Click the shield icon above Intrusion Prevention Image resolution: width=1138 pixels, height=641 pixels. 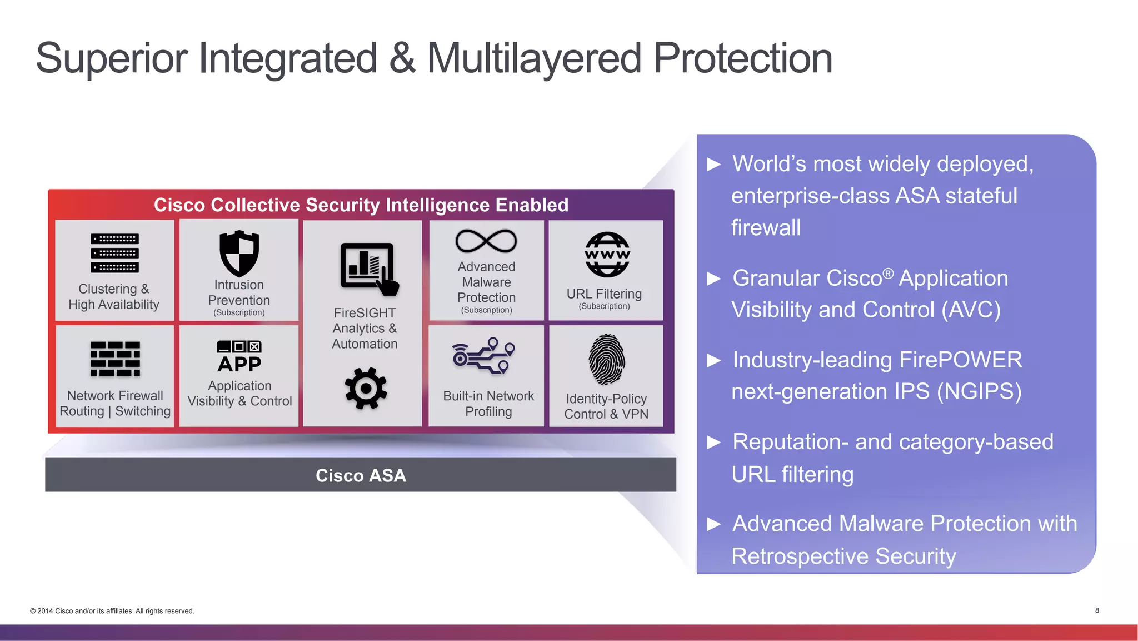point(239,254)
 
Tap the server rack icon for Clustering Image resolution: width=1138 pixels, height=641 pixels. point(115,254)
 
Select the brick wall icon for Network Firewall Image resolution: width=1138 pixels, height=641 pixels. point(115,359)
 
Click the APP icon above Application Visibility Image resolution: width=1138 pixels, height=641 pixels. point(239,357)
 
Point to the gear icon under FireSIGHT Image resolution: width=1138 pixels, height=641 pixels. point(365,388)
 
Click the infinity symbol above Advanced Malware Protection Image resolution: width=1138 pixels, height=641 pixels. point(486,241)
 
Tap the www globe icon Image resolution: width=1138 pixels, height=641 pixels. point(607,255)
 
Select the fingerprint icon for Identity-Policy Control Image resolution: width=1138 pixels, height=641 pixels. point(606,360)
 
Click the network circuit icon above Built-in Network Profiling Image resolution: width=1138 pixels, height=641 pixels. point(483,356)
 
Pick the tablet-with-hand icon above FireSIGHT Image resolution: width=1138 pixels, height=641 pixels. point(368,269)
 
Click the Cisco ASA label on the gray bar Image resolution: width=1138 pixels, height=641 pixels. point(361,475)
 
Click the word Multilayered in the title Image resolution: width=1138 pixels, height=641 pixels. point(533,58)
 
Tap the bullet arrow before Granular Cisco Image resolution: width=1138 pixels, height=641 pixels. point(713,279)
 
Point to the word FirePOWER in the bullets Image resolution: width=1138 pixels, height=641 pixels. point(960,360)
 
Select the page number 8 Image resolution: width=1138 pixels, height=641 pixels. point(1097,610)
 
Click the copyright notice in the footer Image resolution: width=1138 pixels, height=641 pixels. point(112,611)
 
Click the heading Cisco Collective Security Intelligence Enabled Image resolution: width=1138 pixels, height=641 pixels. point(361,205)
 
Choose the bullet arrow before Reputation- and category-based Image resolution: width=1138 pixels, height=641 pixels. point(713,443)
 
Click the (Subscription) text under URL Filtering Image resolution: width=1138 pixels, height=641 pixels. point(604,306)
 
